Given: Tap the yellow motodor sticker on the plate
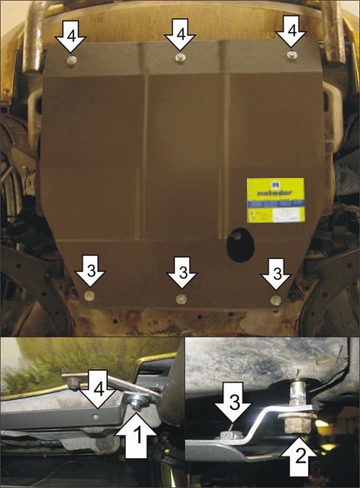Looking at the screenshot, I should (275, 199).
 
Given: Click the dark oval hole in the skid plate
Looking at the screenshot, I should (241, 245).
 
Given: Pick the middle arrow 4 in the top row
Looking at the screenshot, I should (180, 35).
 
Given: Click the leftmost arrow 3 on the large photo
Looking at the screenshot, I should (90, 273).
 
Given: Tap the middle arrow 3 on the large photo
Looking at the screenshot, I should (180, 274).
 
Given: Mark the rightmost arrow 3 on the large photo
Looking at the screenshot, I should (276, 274).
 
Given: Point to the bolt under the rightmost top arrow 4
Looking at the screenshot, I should (292, 55).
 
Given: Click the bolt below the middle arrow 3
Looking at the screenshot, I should (181, 300).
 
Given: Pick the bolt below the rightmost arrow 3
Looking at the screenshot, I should (276, 299).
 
